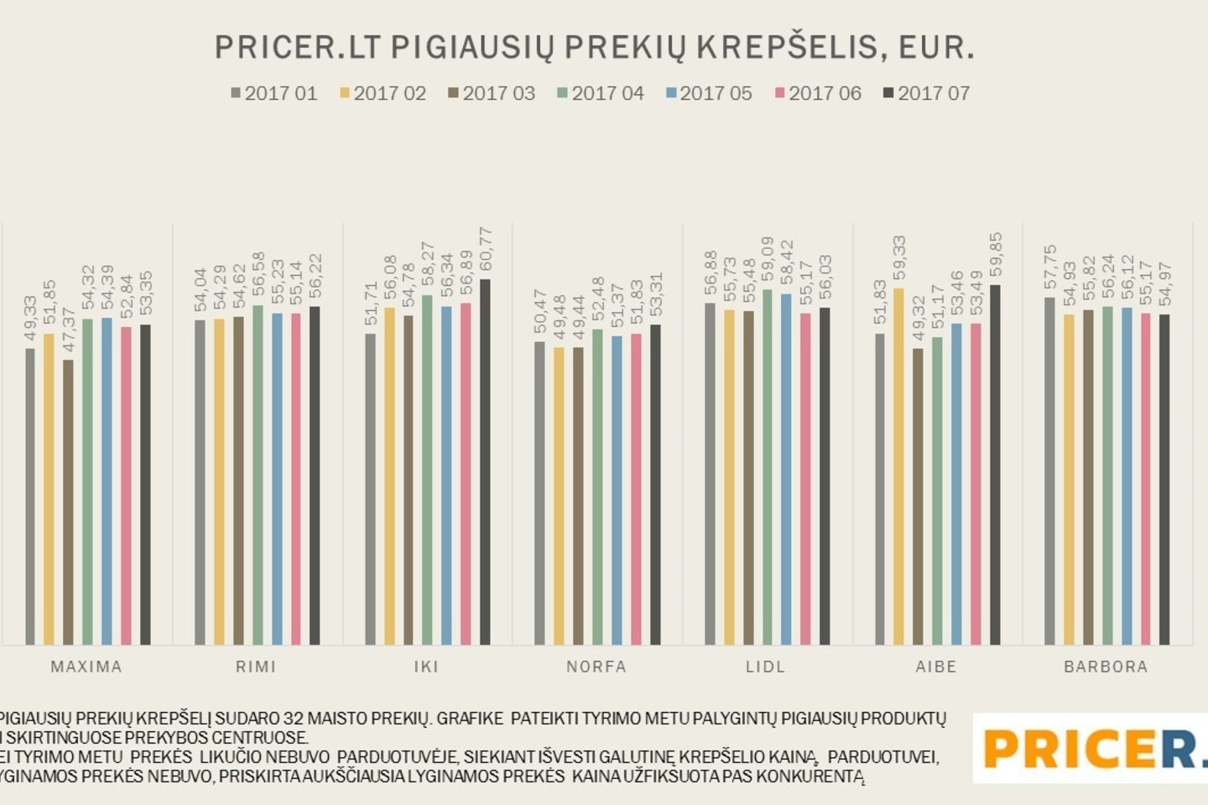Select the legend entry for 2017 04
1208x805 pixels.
(x=600, y=93)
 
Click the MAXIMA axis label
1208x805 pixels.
(x=86, y=667)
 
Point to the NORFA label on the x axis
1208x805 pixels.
(x=596, y=667)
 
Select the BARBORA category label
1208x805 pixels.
(x=1106, y=667)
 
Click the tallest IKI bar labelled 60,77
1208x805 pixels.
(x=485, y=461)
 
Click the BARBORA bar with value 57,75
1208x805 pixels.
(x=1049, y=470)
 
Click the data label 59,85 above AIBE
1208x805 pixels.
(x=996, y=254)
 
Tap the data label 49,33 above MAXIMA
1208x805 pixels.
(x=30, y=318)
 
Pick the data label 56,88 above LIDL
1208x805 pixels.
(x=711, y=273)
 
